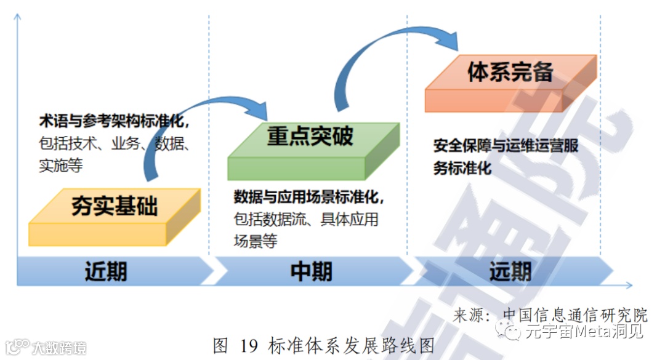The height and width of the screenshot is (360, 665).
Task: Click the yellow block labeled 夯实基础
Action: coord(114,215)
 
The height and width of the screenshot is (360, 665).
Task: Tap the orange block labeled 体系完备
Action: coord(510,82)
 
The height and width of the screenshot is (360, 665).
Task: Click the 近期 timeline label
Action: coord(106,271)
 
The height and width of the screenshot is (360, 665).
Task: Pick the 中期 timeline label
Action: coord(311,271)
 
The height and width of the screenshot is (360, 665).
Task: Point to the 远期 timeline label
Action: coord(510,271)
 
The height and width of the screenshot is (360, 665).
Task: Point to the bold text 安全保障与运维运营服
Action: coord(506,146)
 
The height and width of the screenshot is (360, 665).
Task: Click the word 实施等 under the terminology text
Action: coord(61,166)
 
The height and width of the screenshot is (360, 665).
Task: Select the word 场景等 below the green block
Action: coord(256,241)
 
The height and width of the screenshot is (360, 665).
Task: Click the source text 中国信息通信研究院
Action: coord(576,315)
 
